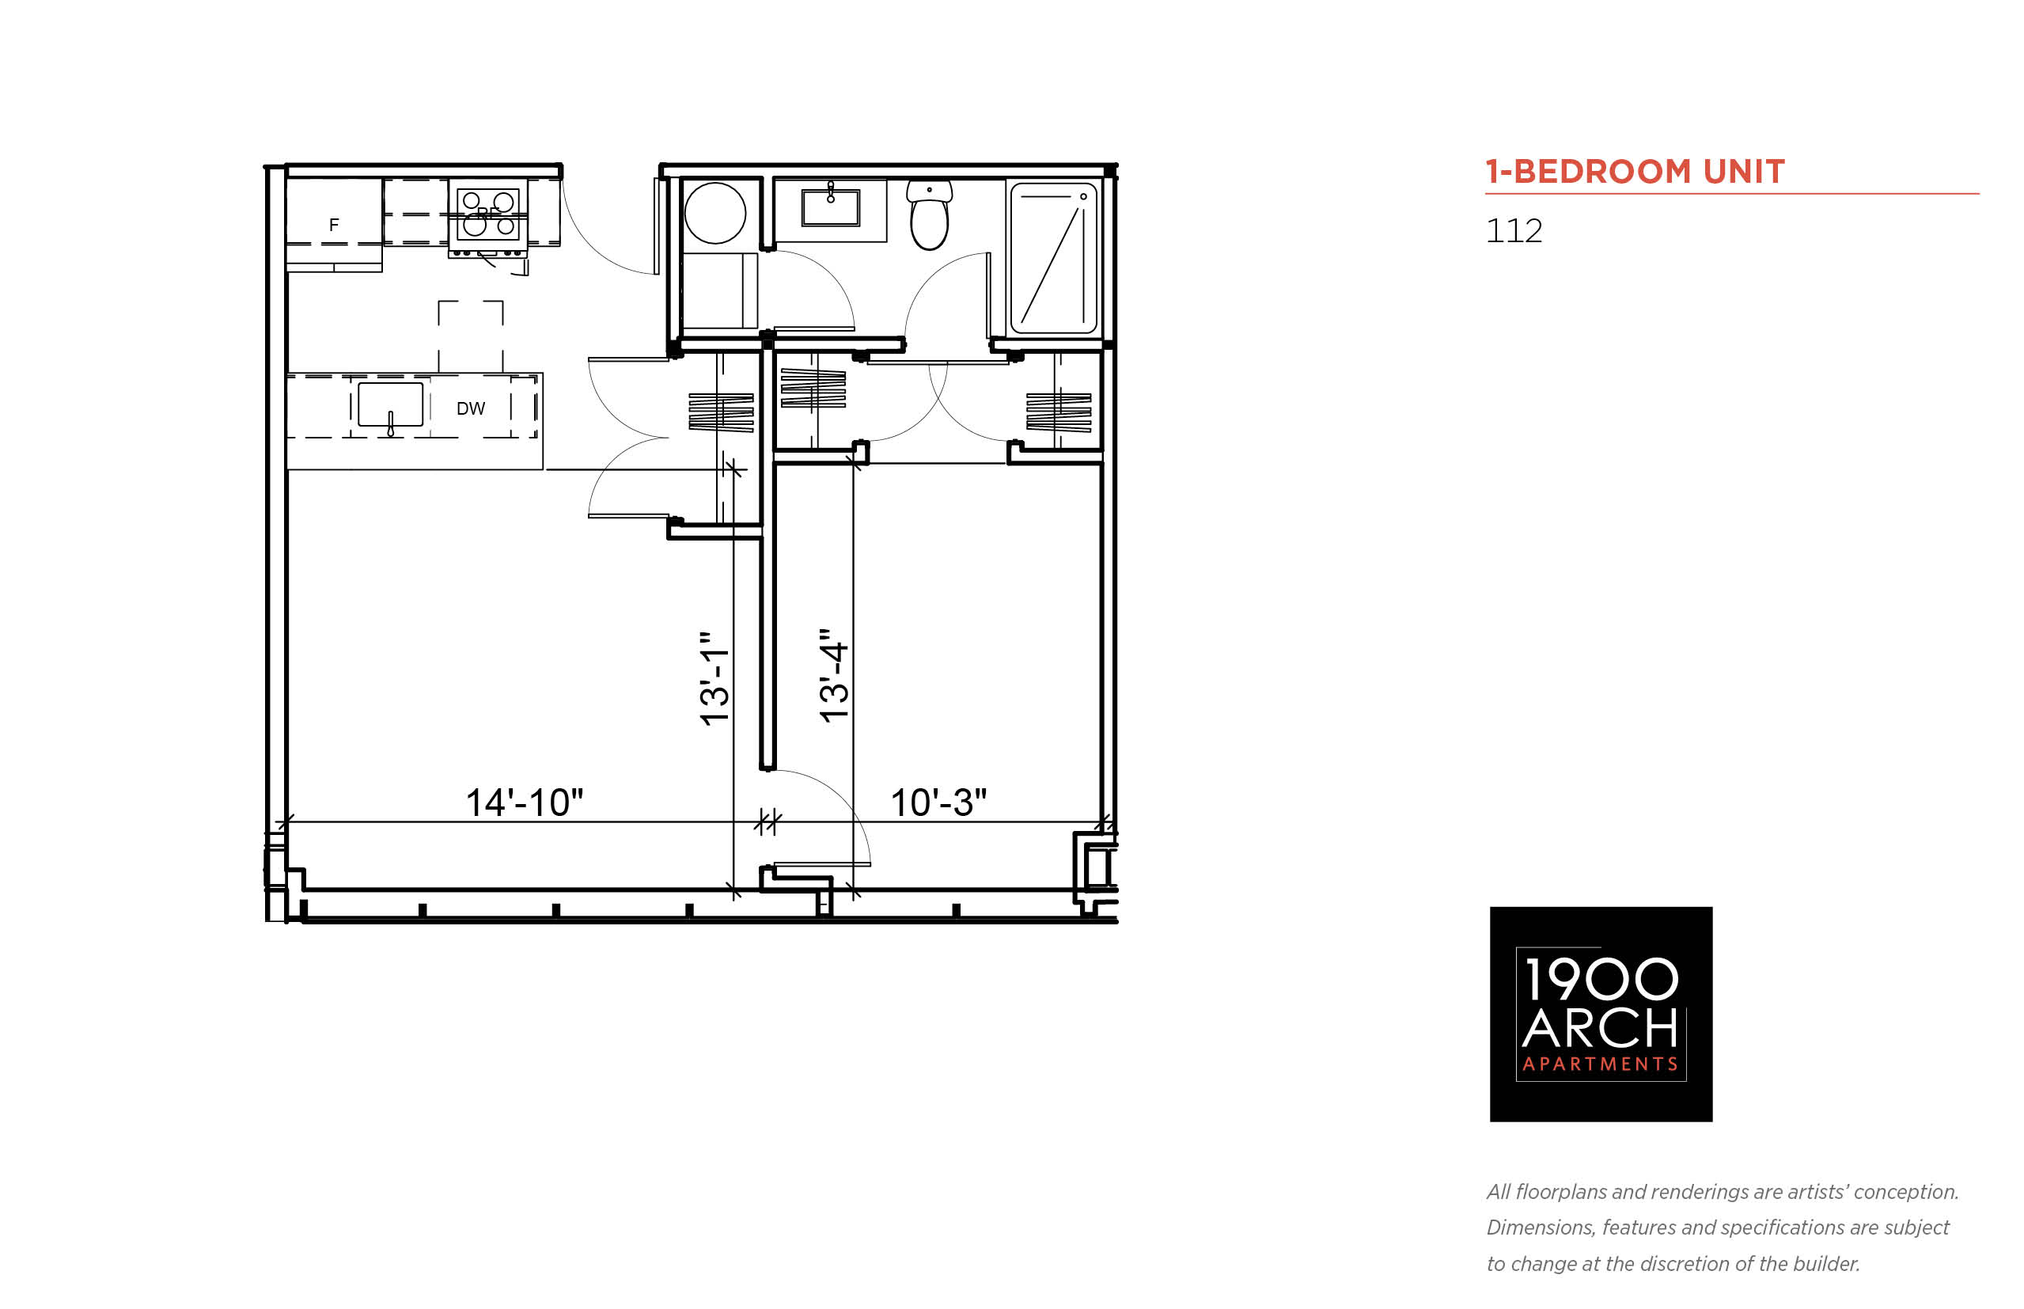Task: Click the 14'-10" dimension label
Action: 525,802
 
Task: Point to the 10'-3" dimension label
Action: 938,802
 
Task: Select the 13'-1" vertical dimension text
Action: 714,678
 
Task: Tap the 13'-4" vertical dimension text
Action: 833,676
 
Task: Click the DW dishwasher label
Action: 471,409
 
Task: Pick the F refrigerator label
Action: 334,225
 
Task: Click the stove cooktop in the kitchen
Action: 487,214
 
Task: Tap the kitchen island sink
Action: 390,405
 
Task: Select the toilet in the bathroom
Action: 929,214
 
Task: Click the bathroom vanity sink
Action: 830,207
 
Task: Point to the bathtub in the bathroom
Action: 1053,259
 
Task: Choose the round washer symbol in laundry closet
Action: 715,214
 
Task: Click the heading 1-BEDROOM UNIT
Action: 1635,172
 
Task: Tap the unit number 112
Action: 1514,231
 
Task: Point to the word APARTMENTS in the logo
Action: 1601,1064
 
